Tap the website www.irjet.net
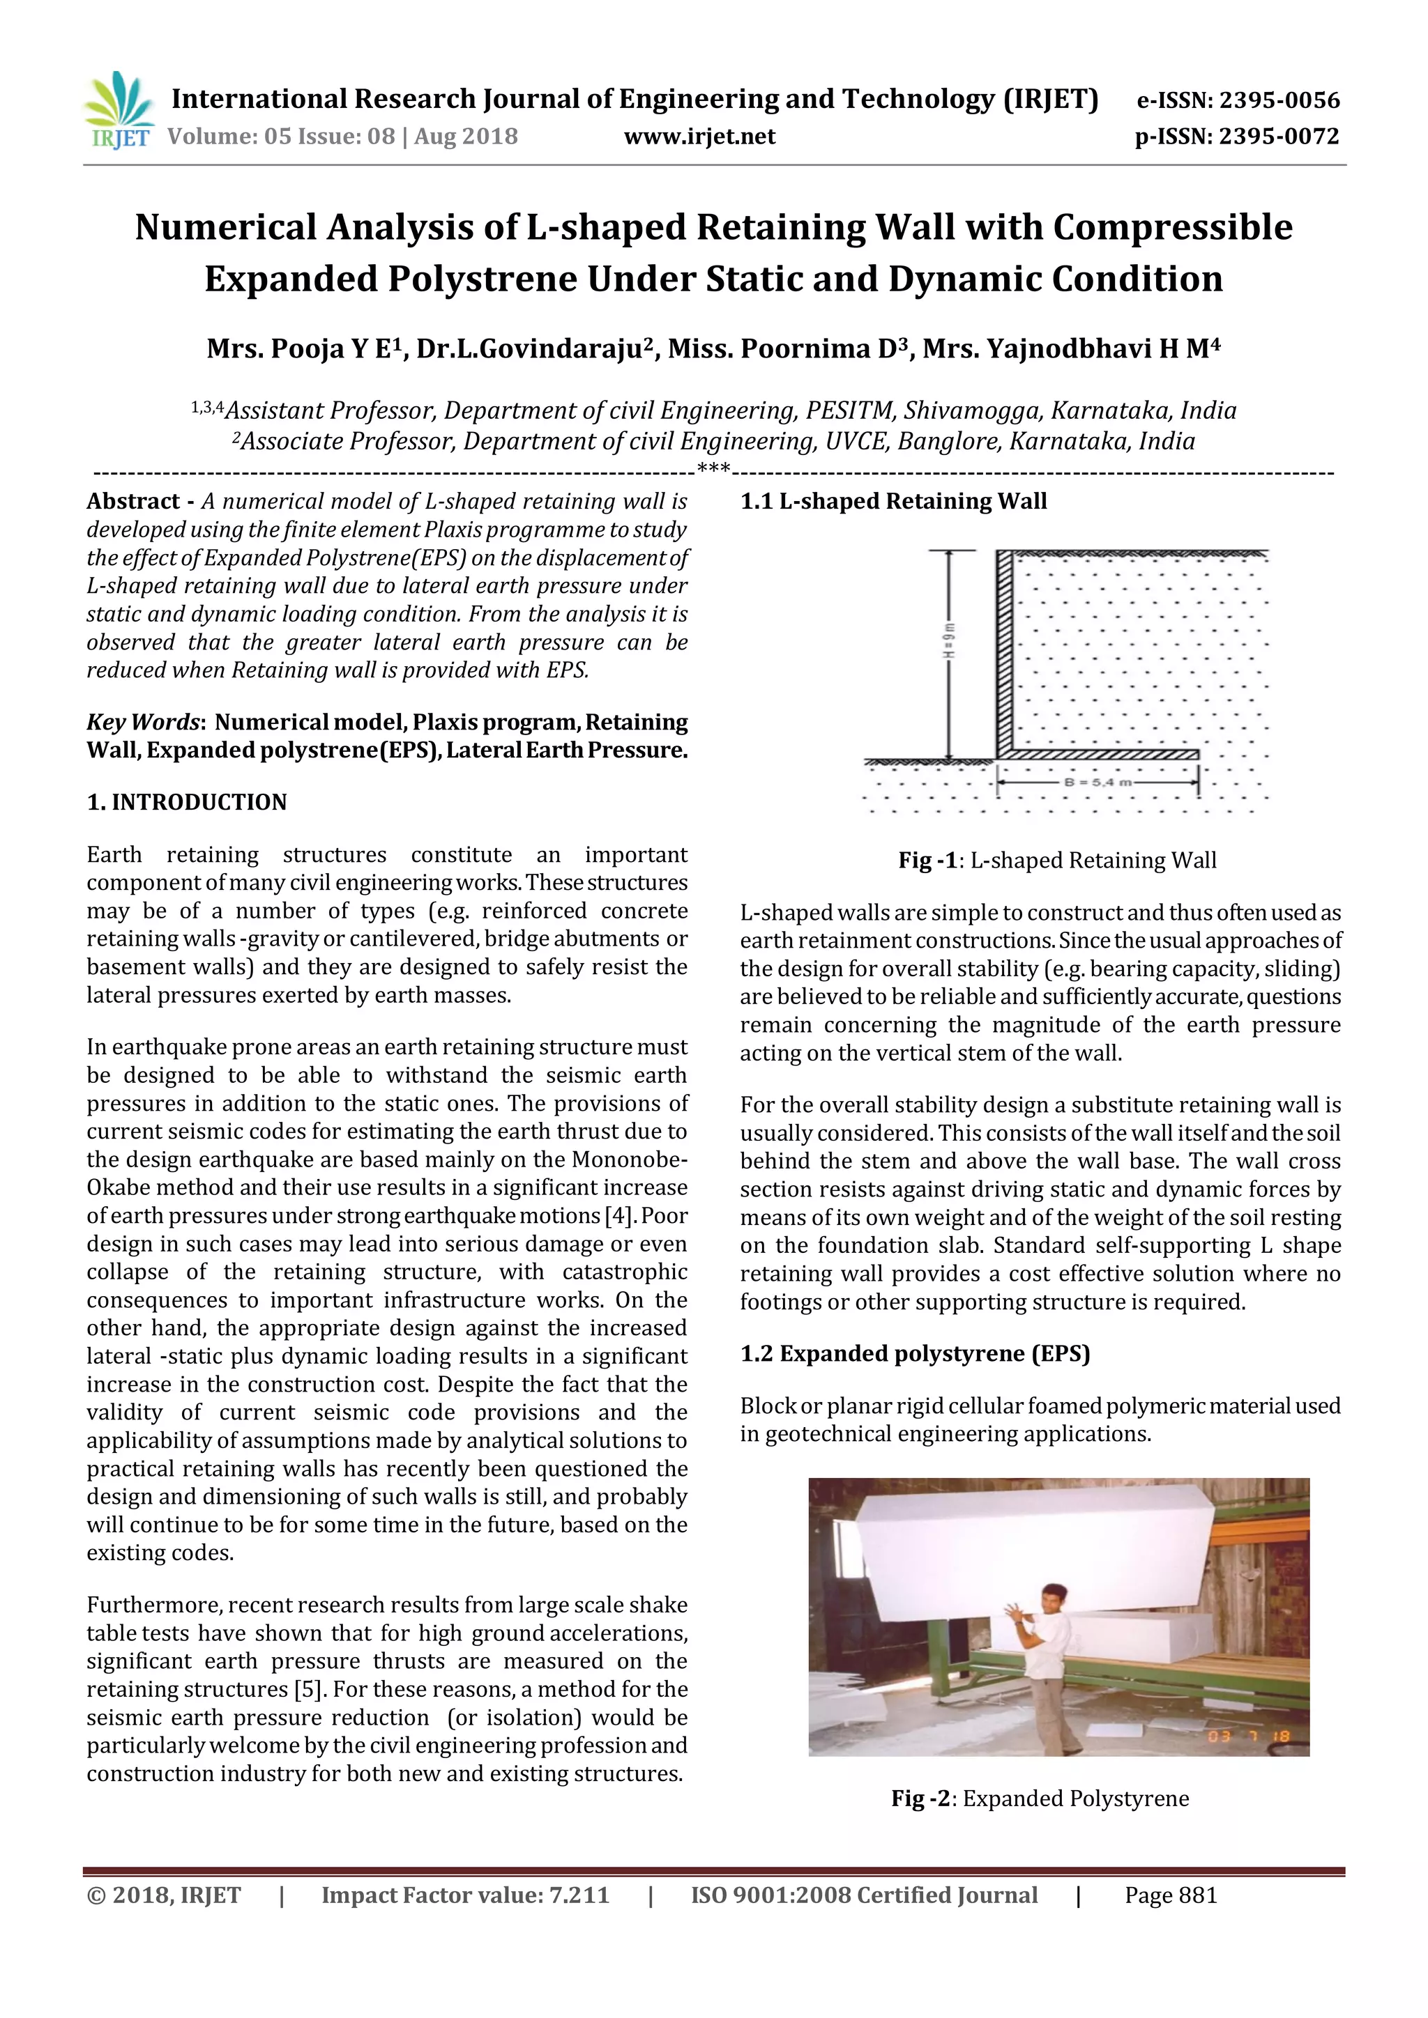(x=699, y=137)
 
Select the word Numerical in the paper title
(x=225, y=228)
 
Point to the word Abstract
(x=132, y=502)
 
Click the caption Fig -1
(x=927, y=861)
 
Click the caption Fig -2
(x=920, y=1799)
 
